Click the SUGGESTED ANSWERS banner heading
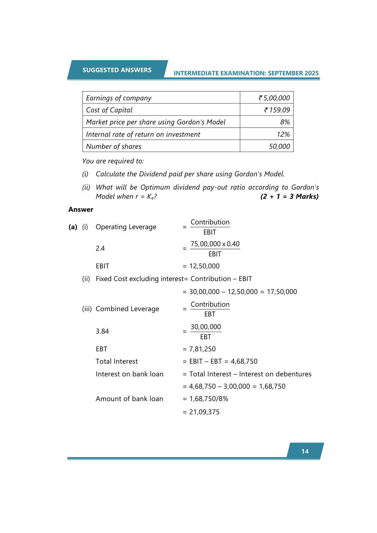pos(117,70)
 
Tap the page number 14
pos(305,451)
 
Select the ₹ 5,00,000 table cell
pos(274,98)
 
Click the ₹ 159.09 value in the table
pos(277,110)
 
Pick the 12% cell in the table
pos(283,135)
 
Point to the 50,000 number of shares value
pos(279,147)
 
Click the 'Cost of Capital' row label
pos(109,110)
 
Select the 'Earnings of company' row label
pos(119,98)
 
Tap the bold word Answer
pos(81,210)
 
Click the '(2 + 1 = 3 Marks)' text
pos(289,197)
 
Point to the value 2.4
pos(100,248)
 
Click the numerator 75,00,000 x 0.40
pos(215,244)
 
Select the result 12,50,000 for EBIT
pos(204,266)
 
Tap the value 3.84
pos(102,331)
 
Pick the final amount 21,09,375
pos(204,412)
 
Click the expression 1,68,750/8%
pos(209,399)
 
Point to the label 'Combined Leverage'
pos(127,309)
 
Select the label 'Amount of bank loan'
pos(129,399)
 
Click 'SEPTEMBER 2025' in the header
pos(293,73)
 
